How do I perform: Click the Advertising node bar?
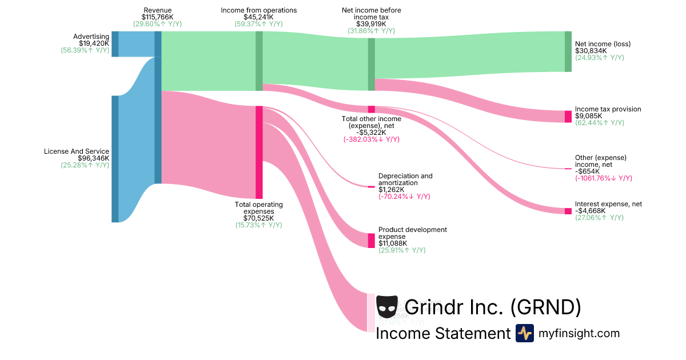pyautogui.click(x=115, y=44)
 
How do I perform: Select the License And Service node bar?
pyautogui.click(x=115, y=158)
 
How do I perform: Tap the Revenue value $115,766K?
pyautogui.click(x=157, y=17)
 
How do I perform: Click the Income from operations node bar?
pyautogui.click(x=259, y=61)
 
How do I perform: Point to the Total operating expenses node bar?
pyautogui.click(x=259, y=152)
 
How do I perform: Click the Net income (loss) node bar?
pyautogui.click(x=568, y=51)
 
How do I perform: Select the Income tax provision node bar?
pyautogui.click(x=568, y=117)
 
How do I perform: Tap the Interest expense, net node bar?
pyautogui.click(x=568, y=211)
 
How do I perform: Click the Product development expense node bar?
pyautogui.click(x=371, y=241)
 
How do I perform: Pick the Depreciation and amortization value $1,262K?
pyautogui.click(x=392, y=190)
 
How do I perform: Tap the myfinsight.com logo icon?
pyautogui.click(x=524, y=333)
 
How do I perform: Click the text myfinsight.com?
pyautogui.click(x=579, y=333)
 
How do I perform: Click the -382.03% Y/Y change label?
pyautogui.click(x=371, y=139)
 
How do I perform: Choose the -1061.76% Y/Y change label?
pyautogui.click(x=603, y=178)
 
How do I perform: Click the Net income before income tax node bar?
pyautogui.click(x=371, y=64)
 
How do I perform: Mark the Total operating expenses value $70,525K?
pyautogui.click(x=258, y=218)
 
